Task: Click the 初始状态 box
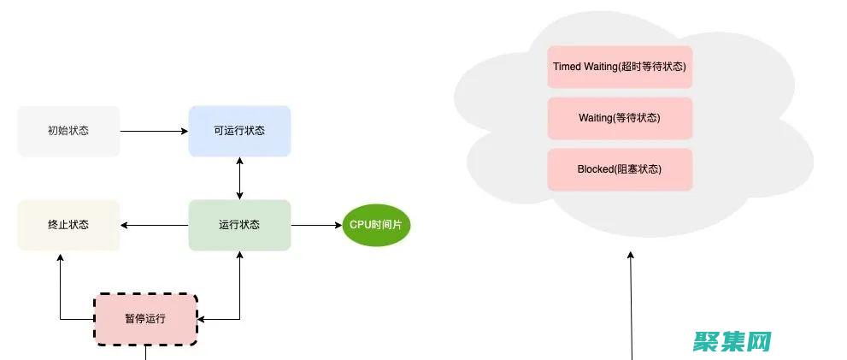68,131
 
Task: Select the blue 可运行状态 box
239,131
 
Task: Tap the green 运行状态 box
239,225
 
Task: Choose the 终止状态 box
68,225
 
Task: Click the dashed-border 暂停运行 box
144,319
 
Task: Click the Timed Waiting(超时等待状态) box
620,67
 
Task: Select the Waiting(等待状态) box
620,118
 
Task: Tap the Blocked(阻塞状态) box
620,169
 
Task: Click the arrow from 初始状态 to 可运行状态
154,131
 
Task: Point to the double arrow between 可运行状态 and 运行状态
239,178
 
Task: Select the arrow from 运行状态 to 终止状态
154,225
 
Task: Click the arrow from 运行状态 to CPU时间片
316,225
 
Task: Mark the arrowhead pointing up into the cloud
631,256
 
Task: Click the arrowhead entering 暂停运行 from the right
203,319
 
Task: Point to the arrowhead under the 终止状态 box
60,257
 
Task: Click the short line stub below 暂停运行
145,352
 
